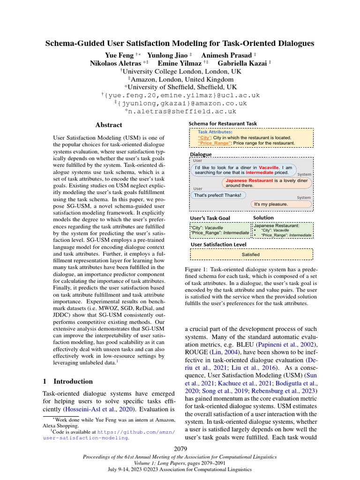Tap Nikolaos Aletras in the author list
[115, 62]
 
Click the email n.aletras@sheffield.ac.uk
[180, 112]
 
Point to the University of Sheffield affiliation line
[180, 87]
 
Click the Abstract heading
[108, 125]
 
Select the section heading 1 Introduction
[67, 381]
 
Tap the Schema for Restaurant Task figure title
[222, 124]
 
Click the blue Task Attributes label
[215, 132]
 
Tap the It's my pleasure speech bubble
[271, 204]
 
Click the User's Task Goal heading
[210, 218]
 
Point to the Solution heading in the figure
[263, 218]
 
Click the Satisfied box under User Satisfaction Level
[251, 254]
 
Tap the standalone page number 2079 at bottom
[180, 449]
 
